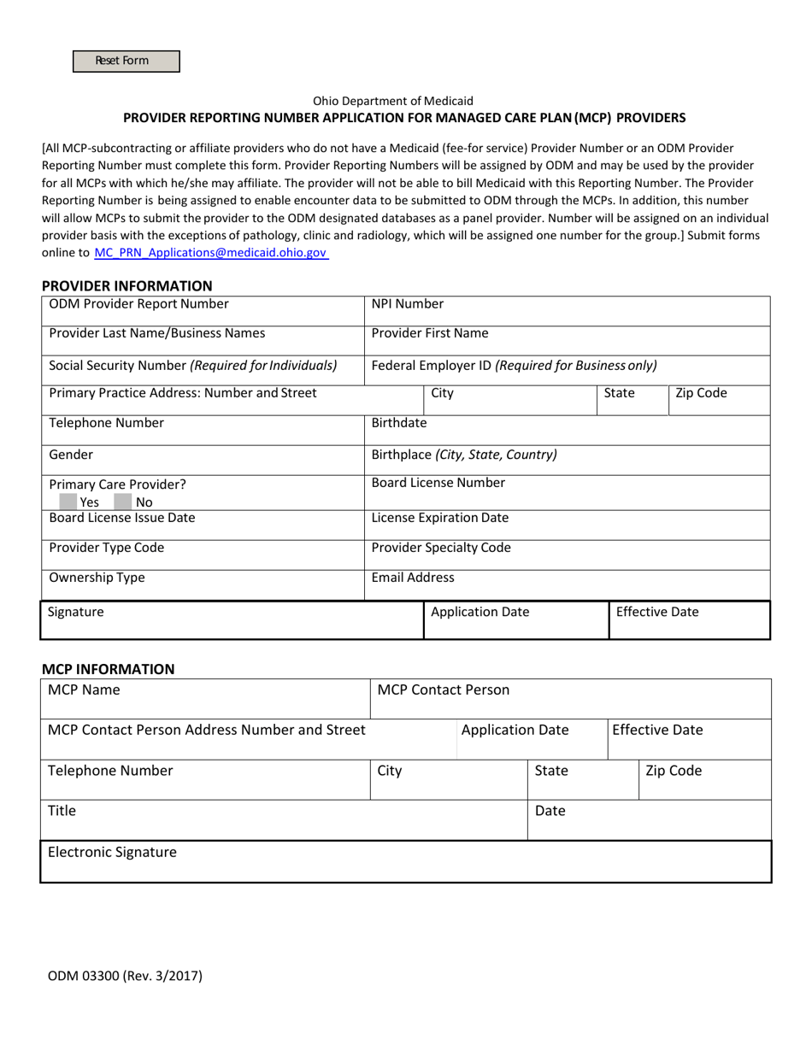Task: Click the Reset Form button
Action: (126, 61)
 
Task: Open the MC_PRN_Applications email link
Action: (210, 253)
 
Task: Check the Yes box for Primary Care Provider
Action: (68, 502)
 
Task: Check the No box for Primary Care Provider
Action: (123, 502)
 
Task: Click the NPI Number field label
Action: (408, 304)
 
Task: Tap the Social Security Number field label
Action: (193, 366)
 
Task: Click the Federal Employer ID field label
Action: (514, 366)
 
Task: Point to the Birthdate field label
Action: (399, 423)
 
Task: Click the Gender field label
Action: (72, 455)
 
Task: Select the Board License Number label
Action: (438, 483)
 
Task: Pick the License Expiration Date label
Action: (440, 518)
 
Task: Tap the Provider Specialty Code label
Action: (441, 548)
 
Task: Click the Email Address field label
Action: (413, 578)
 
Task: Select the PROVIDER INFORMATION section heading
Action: (127, 285)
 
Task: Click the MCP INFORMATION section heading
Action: (109, 669)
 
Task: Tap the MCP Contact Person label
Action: (444, 690)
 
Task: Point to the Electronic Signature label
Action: (113, 852)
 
